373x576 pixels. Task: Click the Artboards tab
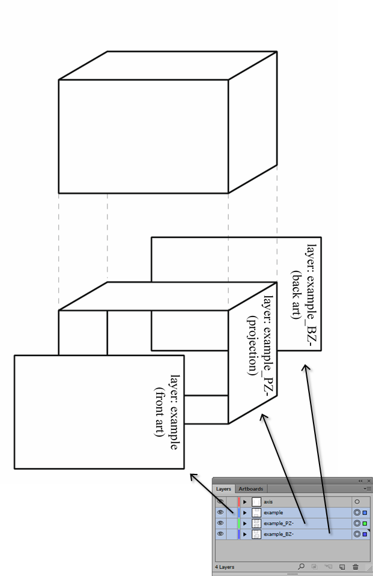[250, 489]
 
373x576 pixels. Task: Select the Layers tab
[223, 489]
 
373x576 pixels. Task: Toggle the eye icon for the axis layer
[220, 502]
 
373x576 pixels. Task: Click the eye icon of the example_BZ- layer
[220, 534]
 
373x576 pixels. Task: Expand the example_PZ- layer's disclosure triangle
[244, 523]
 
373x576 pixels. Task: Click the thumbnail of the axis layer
[256, 502]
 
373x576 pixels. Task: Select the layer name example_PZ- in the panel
[279, 523]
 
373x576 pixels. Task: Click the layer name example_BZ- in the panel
[279, 534]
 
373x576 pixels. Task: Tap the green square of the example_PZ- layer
[365, 523]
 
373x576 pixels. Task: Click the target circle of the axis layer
[357, 502]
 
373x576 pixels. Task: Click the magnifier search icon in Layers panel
[301, 566]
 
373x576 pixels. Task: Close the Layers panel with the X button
[369, 481]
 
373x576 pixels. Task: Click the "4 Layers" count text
[225, 567]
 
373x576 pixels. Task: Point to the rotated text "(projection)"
[252, 345]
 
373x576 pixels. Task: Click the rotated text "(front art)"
[159, 412]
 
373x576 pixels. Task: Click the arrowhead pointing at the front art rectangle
[193, 476]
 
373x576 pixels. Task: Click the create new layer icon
[342, 567]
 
